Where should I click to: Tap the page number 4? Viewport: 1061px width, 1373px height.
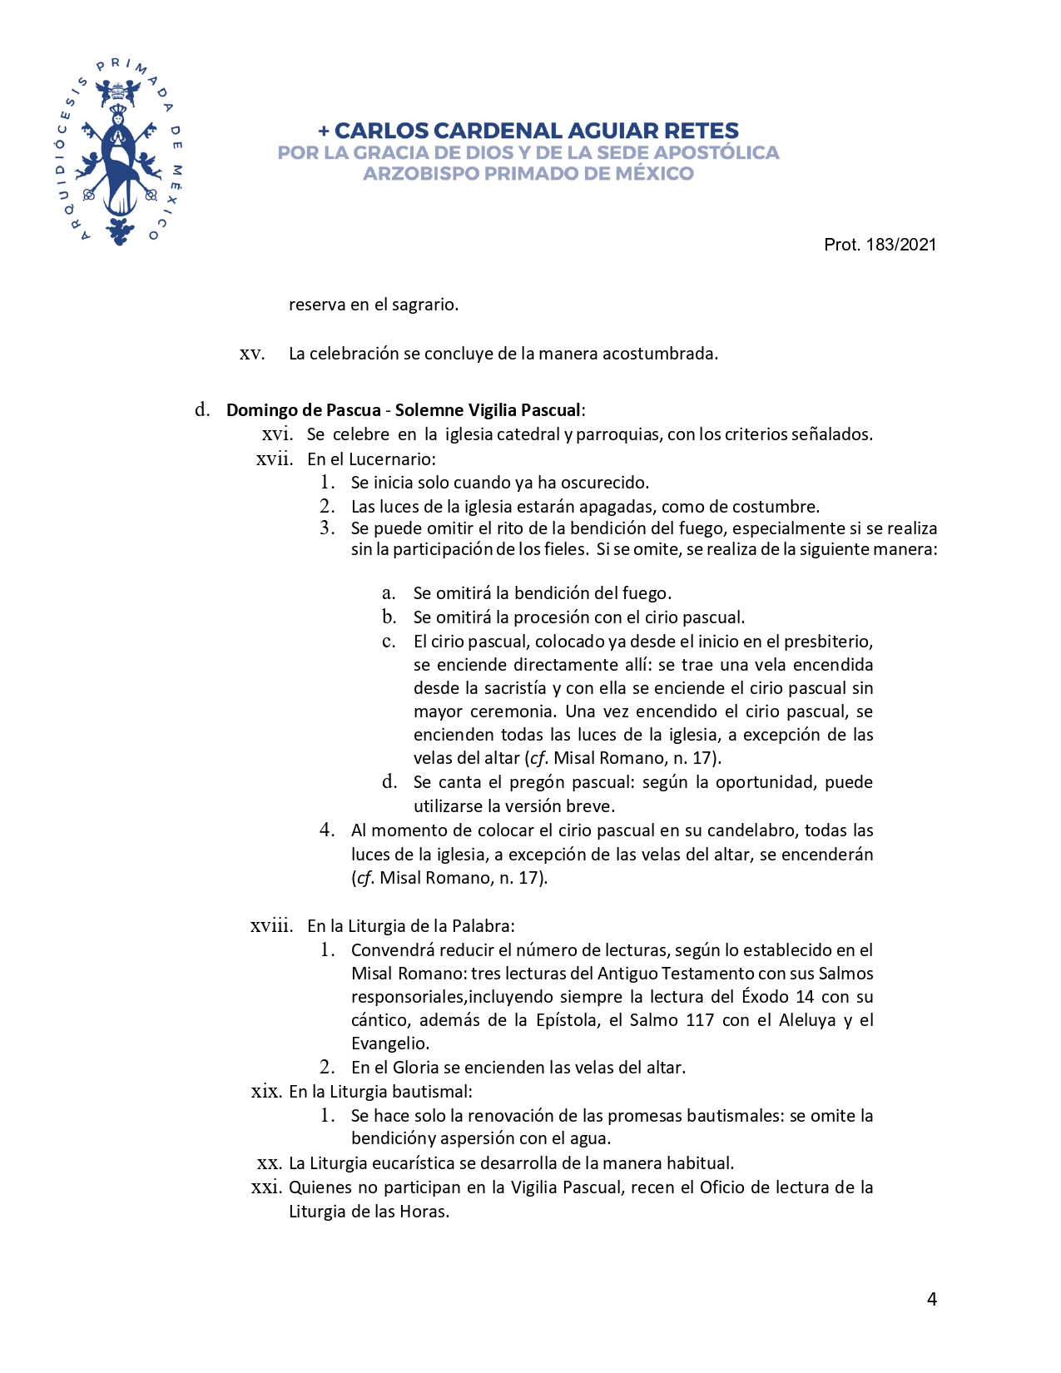(932, 1299)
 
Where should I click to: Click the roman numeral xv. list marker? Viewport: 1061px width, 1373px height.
(252, 354)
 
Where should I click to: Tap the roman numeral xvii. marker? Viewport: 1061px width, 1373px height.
(275, 458)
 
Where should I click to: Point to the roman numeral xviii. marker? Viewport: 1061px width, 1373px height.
(271, 925)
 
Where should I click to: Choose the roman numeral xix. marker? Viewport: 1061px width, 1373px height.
(266, 1091)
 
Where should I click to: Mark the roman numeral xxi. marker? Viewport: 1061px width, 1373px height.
(266, 1187)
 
